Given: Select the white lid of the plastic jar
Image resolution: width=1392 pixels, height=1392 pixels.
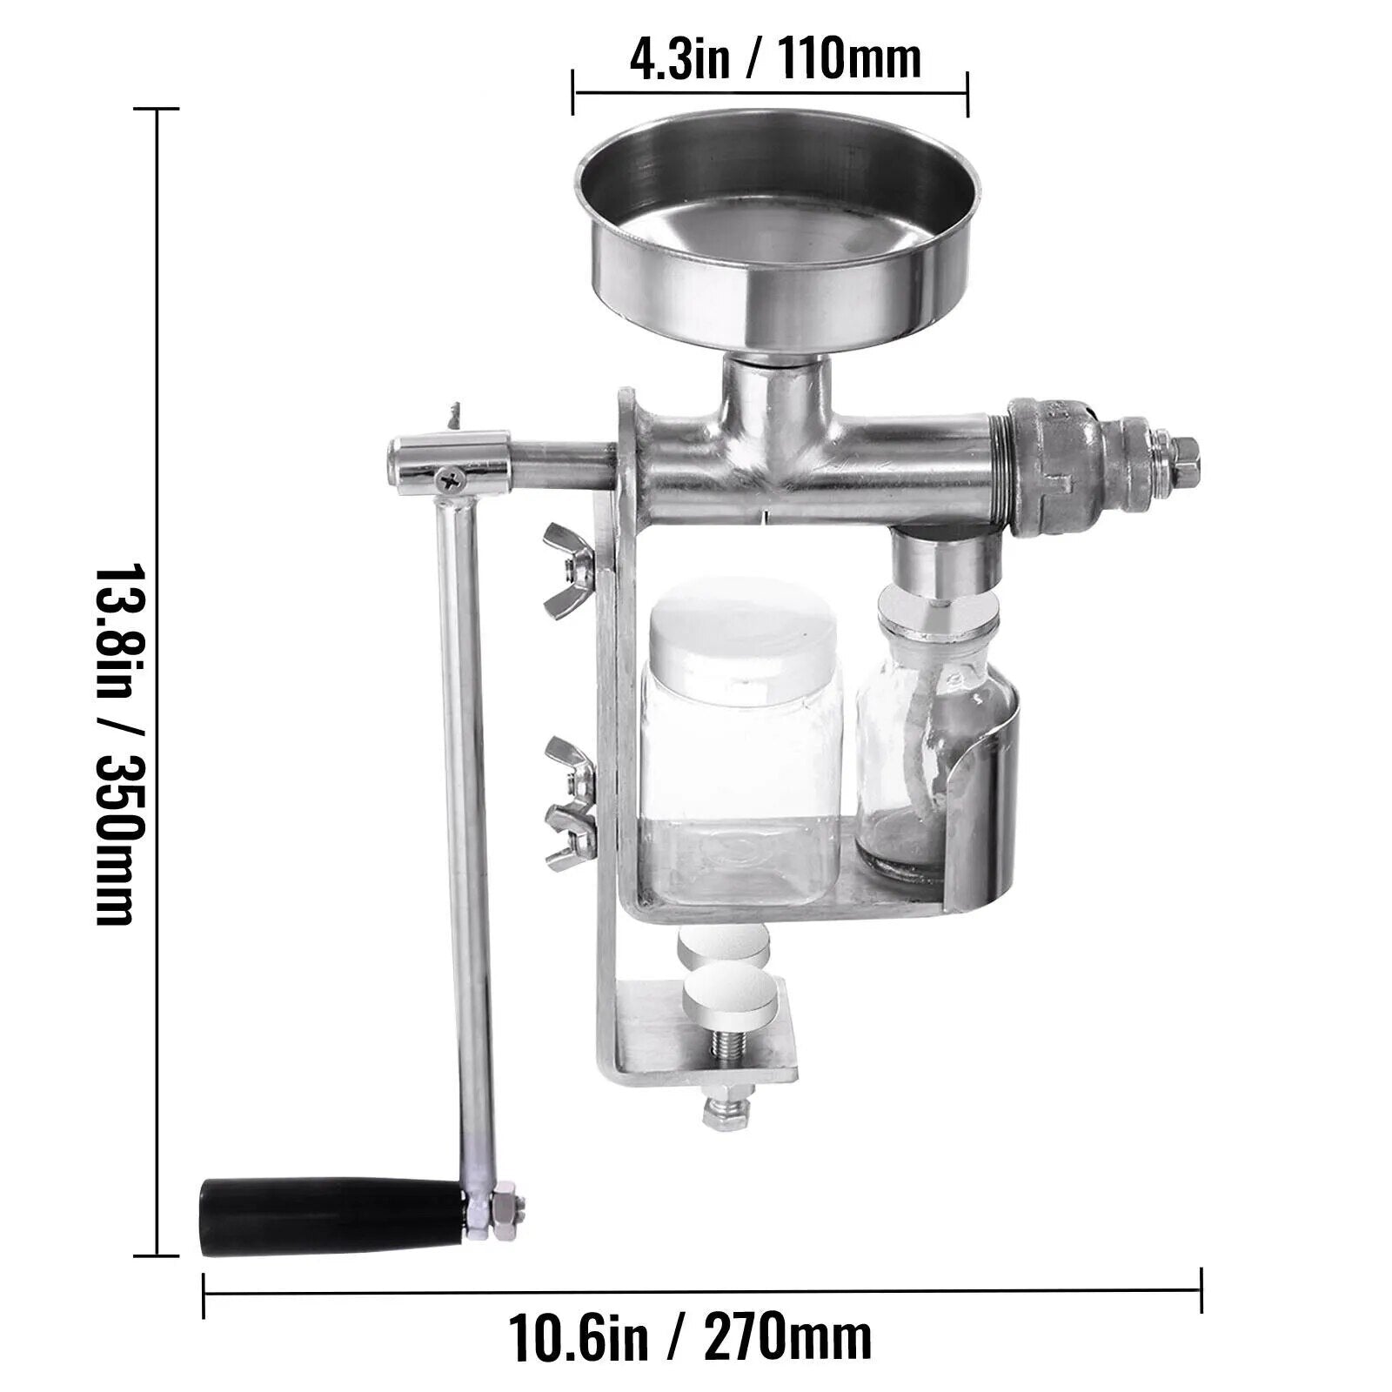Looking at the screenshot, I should click(x=741, y=631).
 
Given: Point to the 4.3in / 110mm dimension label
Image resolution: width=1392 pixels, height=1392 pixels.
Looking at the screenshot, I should click(x=774, y=59).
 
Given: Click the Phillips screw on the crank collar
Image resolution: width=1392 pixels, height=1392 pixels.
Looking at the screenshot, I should click(x=451, y=476).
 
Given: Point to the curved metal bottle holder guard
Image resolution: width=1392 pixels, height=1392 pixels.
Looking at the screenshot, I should click(x=987, y=783).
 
